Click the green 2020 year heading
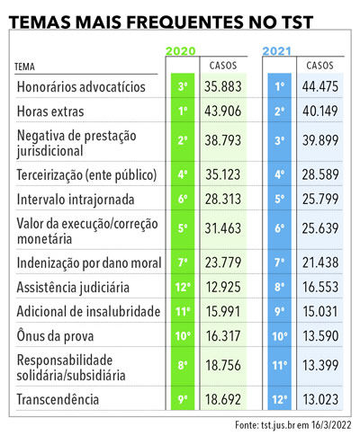[x=181, y=51]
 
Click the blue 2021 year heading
[x=277, y=51]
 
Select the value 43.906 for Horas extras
[x=223, y=111]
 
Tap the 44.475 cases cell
[x=320, y=86]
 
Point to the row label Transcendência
[x=58, y=399]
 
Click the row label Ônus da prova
[x=55, y=335]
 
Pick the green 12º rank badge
[x=183, y=287]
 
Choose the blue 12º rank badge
[x=280, y=399]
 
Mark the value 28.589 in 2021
[x=320, y=174]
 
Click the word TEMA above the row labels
[x=24, y=67]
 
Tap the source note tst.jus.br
[x=276, y=425]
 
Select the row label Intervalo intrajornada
[x=76, y=200]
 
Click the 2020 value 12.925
[x=223, y=287]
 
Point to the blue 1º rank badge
[x=280, y=86]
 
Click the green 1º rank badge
[x=183, y=111]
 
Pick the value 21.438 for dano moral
[x=320, y=262]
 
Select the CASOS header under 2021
[x=319, y=66]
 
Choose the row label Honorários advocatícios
[x=81, y=87]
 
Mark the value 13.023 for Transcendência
[x=320, y=399]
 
